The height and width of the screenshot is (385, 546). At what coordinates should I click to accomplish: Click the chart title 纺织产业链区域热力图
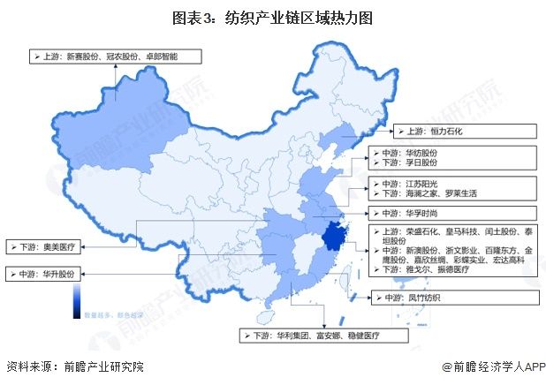tap(273, 16)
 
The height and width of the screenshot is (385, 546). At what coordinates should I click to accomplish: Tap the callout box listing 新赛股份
tap(116, 56)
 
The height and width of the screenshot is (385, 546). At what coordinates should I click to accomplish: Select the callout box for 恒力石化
tap(465, 132)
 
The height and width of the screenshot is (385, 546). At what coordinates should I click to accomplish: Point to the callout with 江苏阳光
tap(451, 187)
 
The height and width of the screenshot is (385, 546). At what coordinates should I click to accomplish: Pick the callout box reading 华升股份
tap(45, 274)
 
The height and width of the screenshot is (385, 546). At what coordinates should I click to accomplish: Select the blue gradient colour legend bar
tap(78, 298)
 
